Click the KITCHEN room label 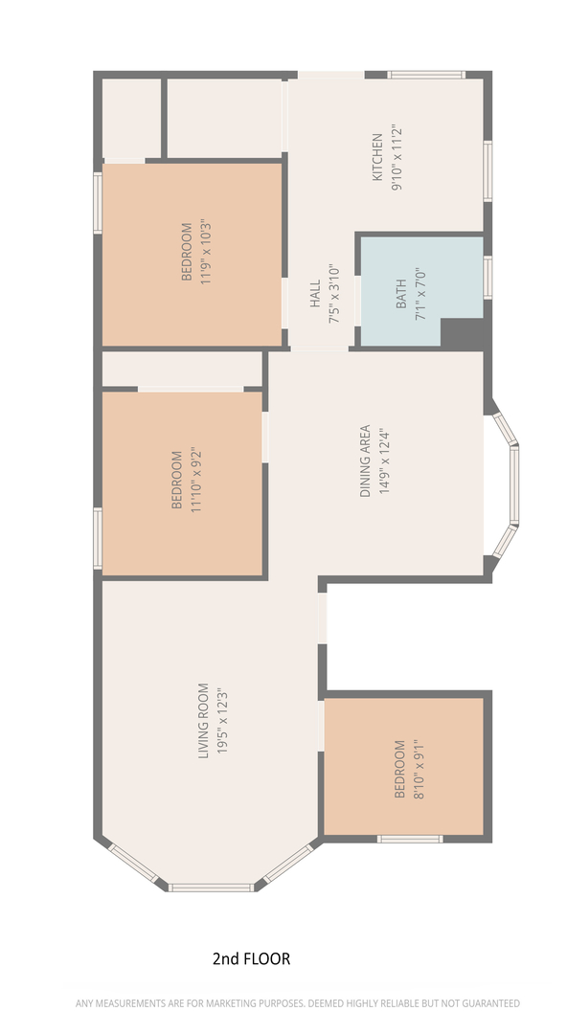[x=377, y=157]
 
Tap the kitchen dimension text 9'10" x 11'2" [x=397, y=157]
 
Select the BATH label [x=401, y=296]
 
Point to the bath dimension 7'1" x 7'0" [x=420, y=294]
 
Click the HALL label [x=315, y=294]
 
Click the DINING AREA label [x=365, y=461]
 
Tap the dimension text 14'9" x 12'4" [x=385, y=461]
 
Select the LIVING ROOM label [x=203, y=721]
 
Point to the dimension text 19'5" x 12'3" [x=223, y=721]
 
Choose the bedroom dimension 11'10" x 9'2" [x=195, y=481]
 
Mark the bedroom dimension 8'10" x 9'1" [x=419, y=770]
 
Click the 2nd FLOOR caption [x=252, y=958]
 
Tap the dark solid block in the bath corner [x=464, y=334]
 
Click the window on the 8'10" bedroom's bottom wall [x=410, y=839]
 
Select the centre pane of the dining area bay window [x=514, y=484]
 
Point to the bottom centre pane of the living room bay [x=211, y=888]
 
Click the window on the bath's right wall [x=488, y=278]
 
